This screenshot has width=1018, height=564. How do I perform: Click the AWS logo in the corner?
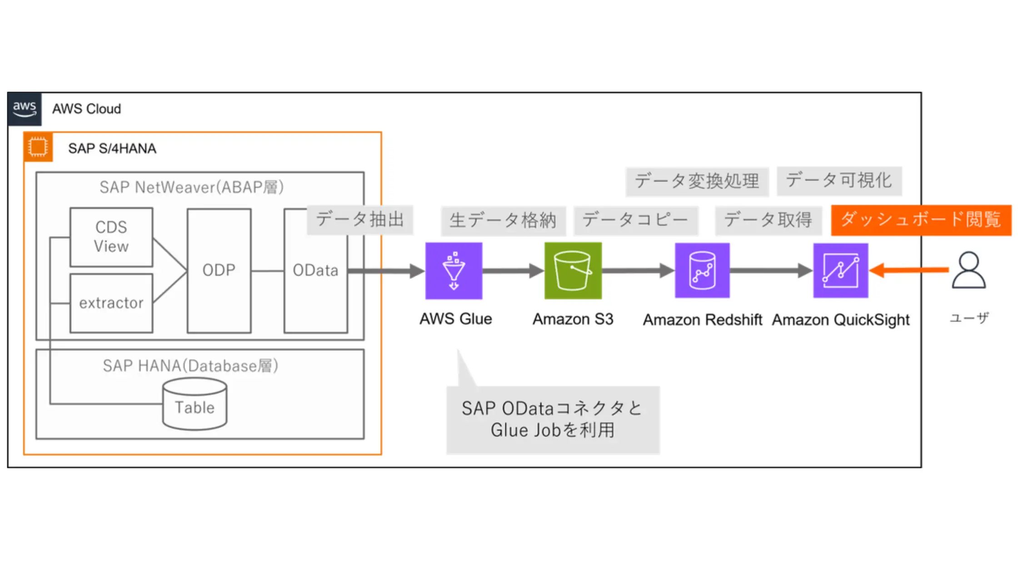point(25,109)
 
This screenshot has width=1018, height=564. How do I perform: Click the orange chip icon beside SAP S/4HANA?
point(38,147)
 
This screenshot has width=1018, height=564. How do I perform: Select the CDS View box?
point(111,237)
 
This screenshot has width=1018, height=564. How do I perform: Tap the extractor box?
point(111,303)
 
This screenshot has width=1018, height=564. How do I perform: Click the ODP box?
point(219,271)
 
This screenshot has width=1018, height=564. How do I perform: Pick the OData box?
point(315,291)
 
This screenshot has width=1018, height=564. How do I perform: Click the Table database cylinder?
point(195,405)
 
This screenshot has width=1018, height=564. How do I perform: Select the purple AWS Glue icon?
point(454,271)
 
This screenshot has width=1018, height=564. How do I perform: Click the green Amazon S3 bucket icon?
point(573,271)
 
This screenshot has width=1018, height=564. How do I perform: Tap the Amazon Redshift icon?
point(702,271)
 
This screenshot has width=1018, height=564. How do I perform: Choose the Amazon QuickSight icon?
point(840,271)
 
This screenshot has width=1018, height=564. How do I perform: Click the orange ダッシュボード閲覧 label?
point(921,220)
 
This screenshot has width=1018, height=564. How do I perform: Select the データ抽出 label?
point(360,220)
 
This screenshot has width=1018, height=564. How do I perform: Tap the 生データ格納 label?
point(503,221)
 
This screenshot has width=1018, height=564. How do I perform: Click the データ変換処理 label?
point(697,181)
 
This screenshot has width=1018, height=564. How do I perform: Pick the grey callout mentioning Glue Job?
point(553,419)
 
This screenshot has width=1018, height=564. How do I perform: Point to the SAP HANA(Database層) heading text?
point(190,366)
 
